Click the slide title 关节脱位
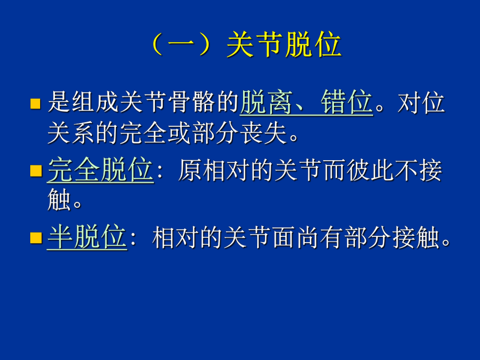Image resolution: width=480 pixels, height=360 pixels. click(284, 46)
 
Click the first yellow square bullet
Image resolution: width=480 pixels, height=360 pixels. click(35, 103)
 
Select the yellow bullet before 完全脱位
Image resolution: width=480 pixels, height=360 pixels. click(35, 171)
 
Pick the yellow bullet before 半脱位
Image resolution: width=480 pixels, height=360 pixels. click(35, 239)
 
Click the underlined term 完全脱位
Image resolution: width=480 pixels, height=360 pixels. click(100, 171)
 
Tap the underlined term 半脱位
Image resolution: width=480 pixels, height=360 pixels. click(87, 238)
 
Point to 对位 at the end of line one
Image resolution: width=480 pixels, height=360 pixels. click(422, 102)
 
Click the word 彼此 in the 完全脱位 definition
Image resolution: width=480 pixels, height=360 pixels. click(358, 171)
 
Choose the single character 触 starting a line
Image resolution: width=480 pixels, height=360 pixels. click(58, 200)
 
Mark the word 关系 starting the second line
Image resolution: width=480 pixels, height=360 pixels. click(71, 135)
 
